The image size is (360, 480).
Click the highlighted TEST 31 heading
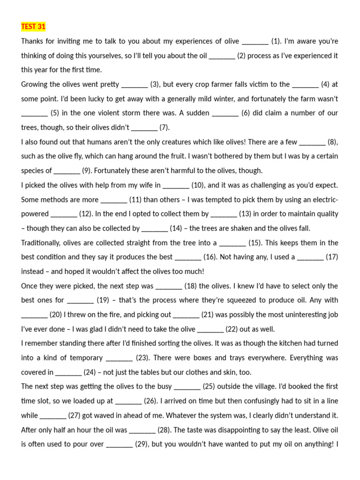(33, 26)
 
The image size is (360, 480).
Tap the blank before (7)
(144, 128)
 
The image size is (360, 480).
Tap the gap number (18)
(190, 286)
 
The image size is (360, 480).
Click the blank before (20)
(34, 315)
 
